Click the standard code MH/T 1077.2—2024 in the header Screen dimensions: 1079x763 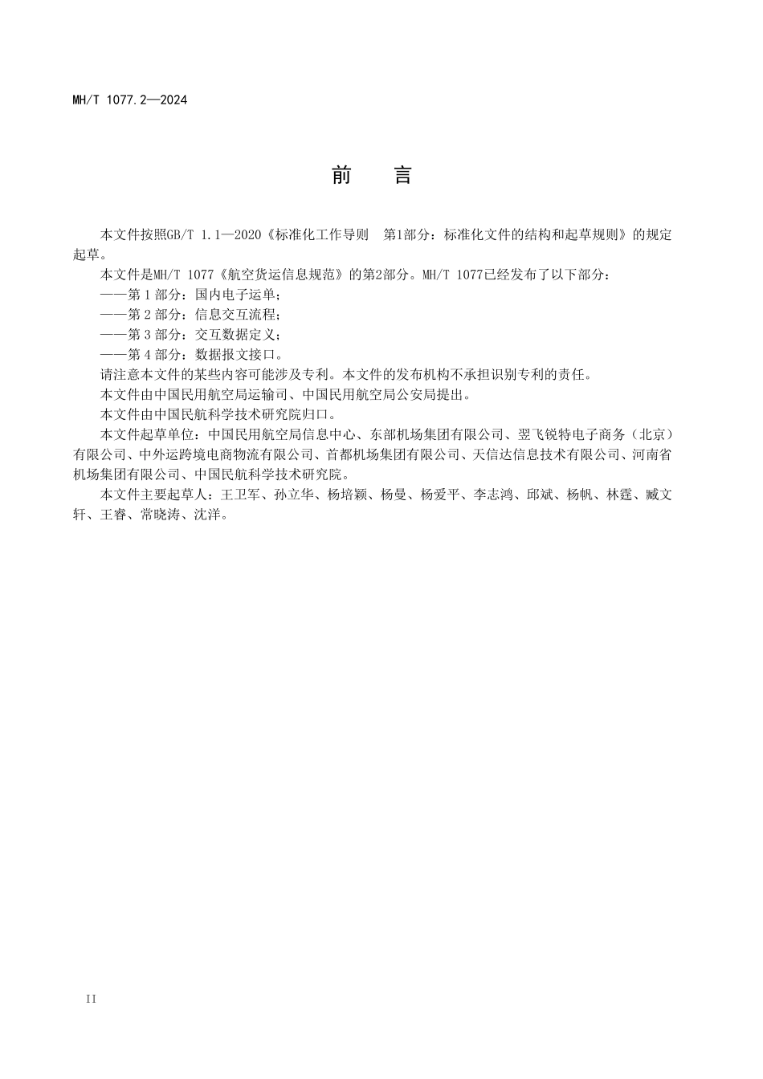(129, 100)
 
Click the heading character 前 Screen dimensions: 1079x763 (341, 176)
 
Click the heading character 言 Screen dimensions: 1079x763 (403, 176)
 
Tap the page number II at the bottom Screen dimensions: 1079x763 (91, 999)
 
